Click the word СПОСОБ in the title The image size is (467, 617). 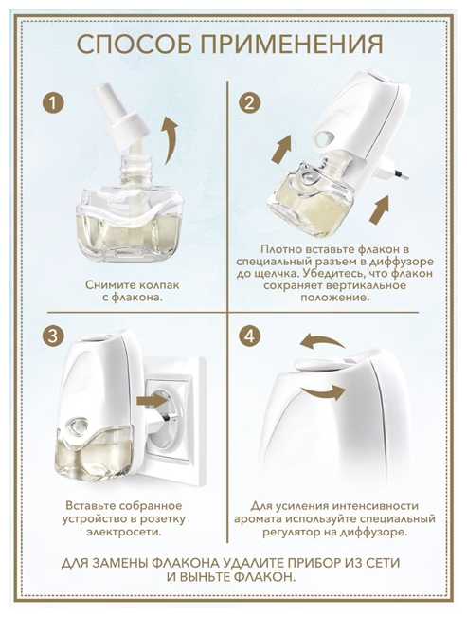(135, 44)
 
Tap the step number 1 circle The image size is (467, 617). (53, 103)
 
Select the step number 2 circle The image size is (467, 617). (250, 103)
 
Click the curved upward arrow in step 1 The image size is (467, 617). (171, 139)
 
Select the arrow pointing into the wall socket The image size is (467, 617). (151, 401)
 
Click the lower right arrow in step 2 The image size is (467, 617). (379, 209)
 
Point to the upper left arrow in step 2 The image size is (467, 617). (281, 149)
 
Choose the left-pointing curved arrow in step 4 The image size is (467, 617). (322, 340)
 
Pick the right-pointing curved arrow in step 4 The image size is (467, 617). (324, 390)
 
